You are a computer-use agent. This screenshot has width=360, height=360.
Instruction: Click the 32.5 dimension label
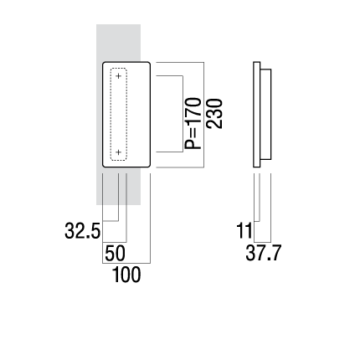click(82, 231)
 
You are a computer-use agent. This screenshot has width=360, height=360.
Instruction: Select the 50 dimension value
click(115, 254)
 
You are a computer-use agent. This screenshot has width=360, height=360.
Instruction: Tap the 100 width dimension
click(126, 275)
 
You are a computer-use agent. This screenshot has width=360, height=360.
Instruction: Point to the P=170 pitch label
click(193, 123)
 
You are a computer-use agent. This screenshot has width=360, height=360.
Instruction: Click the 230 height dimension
click(214, 114)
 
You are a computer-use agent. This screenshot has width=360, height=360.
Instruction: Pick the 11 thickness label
click(244, 231)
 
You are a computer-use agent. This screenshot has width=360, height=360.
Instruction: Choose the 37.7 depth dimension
click(264, 253)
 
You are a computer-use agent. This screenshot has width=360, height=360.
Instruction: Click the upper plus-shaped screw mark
click(119, 75)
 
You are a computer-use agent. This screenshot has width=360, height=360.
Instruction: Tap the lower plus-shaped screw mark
click(119, 152)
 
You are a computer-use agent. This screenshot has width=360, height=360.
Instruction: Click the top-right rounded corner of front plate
click(149, 63)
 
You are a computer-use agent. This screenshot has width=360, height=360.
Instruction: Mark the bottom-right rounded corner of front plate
click(149, 166)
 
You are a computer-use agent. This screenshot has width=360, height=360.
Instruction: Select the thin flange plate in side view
click(257, 115)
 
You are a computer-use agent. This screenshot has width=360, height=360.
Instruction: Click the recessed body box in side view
click(265, 115)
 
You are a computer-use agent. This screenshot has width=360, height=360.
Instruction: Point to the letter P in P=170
click(193, 144)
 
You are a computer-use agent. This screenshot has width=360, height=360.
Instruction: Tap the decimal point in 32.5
click(90, 237)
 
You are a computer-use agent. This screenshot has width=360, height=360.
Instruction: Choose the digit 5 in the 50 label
click(110, 254)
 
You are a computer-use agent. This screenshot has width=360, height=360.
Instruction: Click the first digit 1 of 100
click(116, 275)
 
